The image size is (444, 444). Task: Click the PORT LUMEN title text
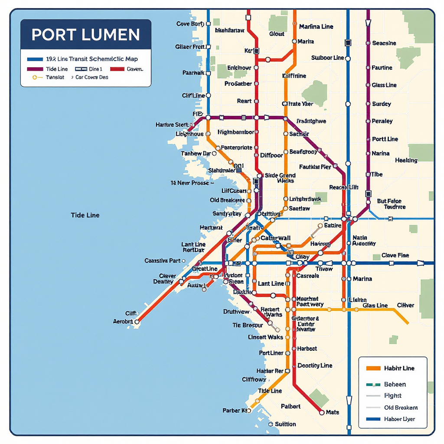tap(85, 35)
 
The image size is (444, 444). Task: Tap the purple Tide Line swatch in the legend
tap(35, 69)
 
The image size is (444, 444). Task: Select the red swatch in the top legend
tap(117, 69)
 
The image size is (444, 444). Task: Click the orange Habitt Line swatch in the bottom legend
tap(373, 368)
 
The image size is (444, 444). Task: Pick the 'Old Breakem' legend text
tap(401, 408)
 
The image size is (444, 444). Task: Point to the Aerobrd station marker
tap(137, 322)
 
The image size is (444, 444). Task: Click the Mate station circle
tap(321, 413)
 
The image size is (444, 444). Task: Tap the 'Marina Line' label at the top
tap(316, 26)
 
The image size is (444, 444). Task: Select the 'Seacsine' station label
tap(384, 43)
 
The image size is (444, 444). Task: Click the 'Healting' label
tap(406, 160)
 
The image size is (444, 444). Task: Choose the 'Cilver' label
tap(405, 305)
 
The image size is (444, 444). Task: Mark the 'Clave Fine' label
tap(395, 255)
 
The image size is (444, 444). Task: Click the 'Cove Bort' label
tap(189, 24)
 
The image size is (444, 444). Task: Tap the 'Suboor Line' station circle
tap(348, 58)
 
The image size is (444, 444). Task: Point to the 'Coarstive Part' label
tap(162, 261)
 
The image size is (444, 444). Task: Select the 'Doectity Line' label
tap(315, 366)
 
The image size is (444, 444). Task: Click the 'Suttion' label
tap(285, 424)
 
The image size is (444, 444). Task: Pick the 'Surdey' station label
tap(381, 104)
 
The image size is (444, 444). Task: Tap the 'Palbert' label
tap(291, 406)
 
